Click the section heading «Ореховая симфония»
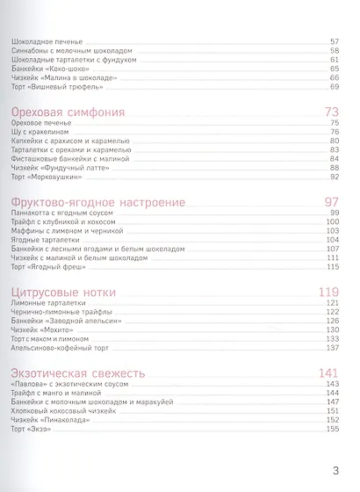click(69, 112)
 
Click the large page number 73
click(331, 112)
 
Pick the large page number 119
click(328, 291)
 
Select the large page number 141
click(328, 372)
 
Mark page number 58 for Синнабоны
click(335, 52)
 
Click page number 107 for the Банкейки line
click(332, 249)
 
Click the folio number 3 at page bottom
click(335, 469)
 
